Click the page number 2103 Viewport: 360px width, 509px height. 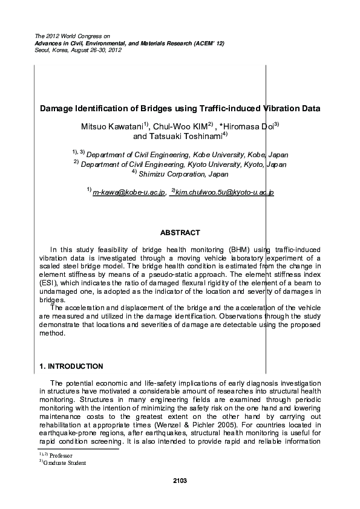point(180,481)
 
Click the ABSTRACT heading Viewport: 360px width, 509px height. point(180,232)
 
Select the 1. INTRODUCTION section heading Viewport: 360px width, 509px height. point(71,366)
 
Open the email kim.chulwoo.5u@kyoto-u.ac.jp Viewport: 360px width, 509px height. point(224,192)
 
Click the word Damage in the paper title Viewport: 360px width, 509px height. point(56,109)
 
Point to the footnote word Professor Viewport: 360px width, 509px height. point(61,455)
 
